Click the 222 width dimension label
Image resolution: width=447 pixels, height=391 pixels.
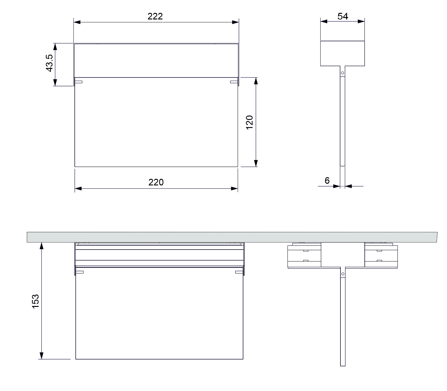click(x=155, y=16)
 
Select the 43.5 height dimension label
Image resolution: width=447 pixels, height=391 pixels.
click(x=49, y=63)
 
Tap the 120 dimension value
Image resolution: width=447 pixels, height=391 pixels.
click(x=249, y=123)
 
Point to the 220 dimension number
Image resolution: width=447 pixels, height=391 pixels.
click(x=156, y=182)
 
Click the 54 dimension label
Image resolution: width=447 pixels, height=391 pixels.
click(x=343, y=16)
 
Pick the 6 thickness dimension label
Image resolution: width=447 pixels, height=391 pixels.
click(x=327, y=181)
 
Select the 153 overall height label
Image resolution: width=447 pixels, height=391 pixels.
click(x=35, y=301)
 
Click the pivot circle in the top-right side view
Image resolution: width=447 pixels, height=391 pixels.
click(x=342, y=73)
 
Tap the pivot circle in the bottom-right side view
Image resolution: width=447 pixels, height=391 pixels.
click(x=343, y=274)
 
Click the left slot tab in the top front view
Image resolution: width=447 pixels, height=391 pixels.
click(x=78, y=82)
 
